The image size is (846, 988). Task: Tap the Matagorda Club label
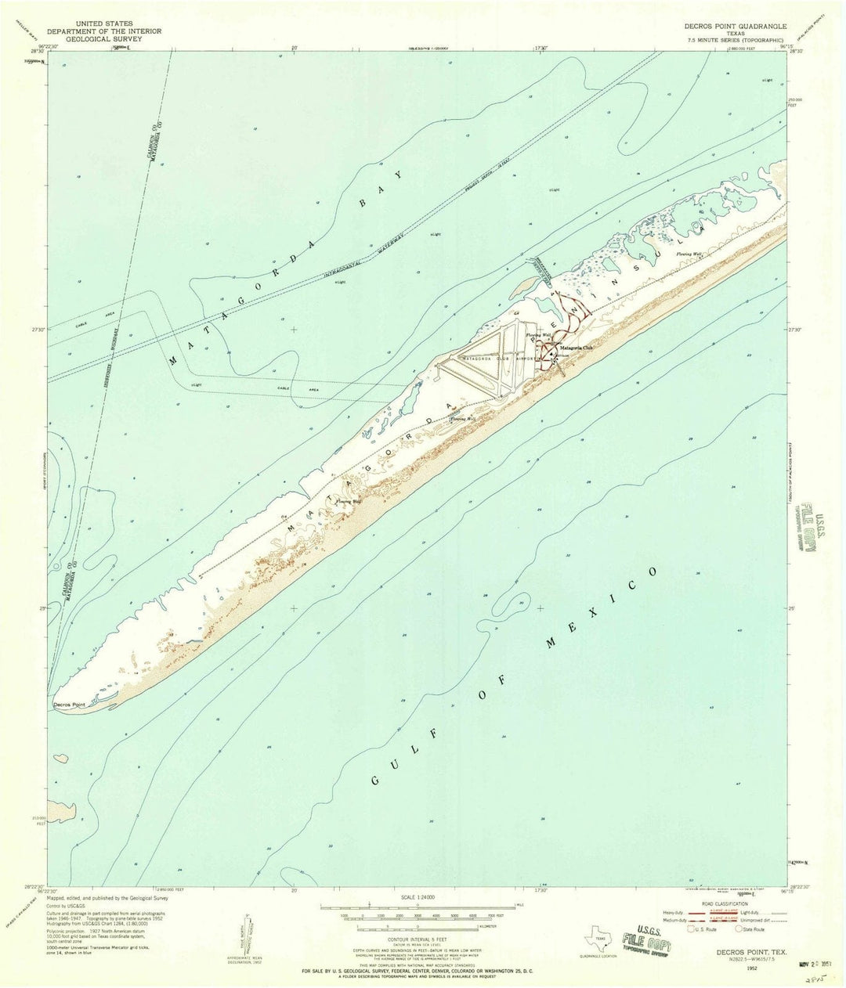pos(576,348)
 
